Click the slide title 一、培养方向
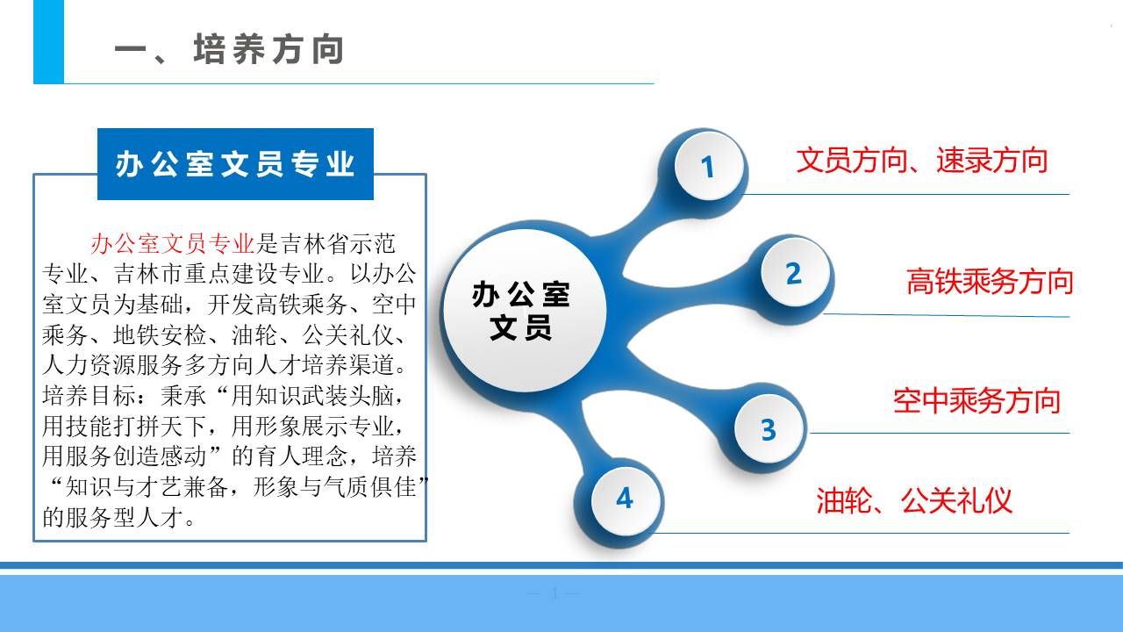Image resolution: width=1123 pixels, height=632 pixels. pyautogui.click(x=229, y=49)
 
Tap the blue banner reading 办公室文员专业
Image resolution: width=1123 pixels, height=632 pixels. pyautogui.click(x=235, y=164)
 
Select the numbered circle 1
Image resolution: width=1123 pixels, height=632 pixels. pyautogui.click(x=708, y=166)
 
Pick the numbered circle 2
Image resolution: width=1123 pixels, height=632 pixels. pyautogui.click(x=795, y=273)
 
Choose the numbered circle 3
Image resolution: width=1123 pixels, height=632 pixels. pyautogui.click(x=769, y=429)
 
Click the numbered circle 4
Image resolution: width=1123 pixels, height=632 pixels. pyautogui.click(x=626, y=499)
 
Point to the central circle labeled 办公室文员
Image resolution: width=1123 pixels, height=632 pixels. pyautogui.click(x=525, y=311)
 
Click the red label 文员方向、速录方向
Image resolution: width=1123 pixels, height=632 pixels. pyautogui.click(x=921, y=161)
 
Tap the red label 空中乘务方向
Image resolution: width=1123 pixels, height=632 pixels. pyautogui.click(x=976, y=401)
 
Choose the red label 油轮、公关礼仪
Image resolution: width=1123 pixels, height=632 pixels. pyautogui.click(x=914, y=500)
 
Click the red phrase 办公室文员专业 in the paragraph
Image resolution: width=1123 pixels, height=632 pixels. pyautogui.click(x=173, y=244)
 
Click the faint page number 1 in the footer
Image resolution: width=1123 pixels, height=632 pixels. pyautogui.click(x=554, y=594)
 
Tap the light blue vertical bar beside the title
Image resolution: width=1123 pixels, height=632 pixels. pyautogui.click(x=48, y=41)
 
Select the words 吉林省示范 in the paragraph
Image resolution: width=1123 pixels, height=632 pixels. pyautogui.click(x=337, y=244)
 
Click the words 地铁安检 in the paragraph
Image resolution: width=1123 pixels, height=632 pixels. pyautogui.click(x=160, y=335)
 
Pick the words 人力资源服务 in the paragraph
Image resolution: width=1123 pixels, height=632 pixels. pyautogui.click(x=112, y=366)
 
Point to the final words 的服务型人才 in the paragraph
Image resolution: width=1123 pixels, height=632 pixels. pyautogui.click(x=113, y=518)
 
